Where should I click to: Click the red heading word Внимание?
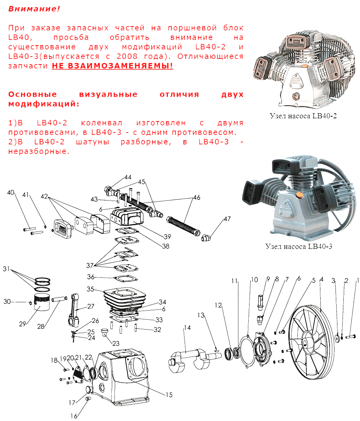34,9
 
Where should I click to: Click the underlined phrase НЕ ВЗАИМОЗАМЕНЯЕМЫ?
112,66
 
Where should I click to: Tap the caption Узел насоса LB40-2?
303,116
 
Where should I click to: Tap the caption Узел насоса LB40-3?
299,247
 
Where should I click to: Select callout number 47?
227,219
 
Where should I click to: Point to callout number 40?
11,193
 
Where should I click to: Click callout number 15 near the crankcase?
169,395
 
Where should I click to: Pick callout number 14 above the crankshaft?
187,328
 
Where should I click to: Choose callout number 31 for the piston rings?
6,269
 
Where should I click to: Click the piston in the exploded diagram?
42,302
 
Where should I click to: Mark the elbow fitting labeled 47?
206,237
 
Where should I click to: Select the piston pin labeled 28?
59,299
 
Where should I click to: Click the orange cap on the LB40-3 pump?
298,194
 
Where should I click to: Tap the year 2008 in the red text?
127,56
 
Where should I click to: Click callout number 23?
116,343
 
